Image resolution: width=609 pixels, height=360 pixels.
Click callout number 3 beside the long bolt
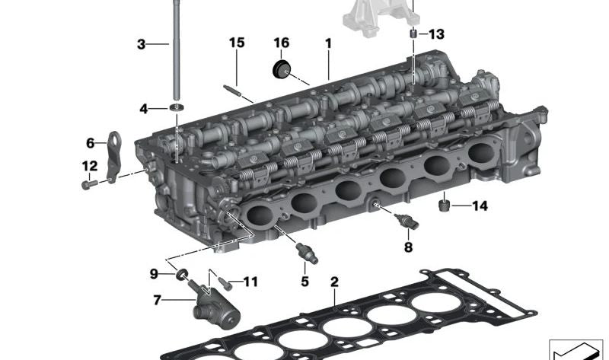click(141, 44)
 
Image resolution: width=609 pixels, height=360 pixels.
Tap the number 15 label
click(237, 43)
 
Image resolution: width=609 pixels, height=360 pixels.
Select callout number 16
click(282, 43)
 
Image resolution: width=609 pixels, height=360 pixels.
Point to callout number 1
click(328, 43)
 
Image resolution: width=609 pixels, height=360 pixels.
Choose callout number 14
click(479, 205)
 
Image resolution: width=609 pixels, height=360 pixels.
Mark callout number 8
click(408, 247)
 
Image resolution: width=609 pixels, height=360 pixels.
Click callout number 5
click(304, 281)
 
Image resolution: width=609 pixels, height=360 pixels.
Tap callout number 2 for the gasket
click(333, 282)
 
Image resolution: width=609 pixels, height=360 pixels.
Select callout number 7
click(158, 300)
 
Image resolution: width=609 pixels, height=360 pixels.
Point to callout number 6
click(90, 142)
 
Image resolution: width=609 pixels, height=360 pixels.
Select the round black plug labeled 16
click(282, 70)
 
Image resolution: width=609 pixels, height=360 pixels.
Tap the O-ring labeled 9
click(183, 273)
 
